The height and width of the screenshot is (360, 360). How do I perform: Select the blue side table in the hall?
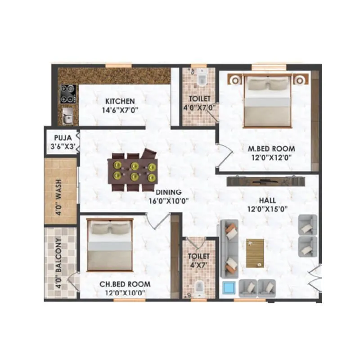click(229, 287)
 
